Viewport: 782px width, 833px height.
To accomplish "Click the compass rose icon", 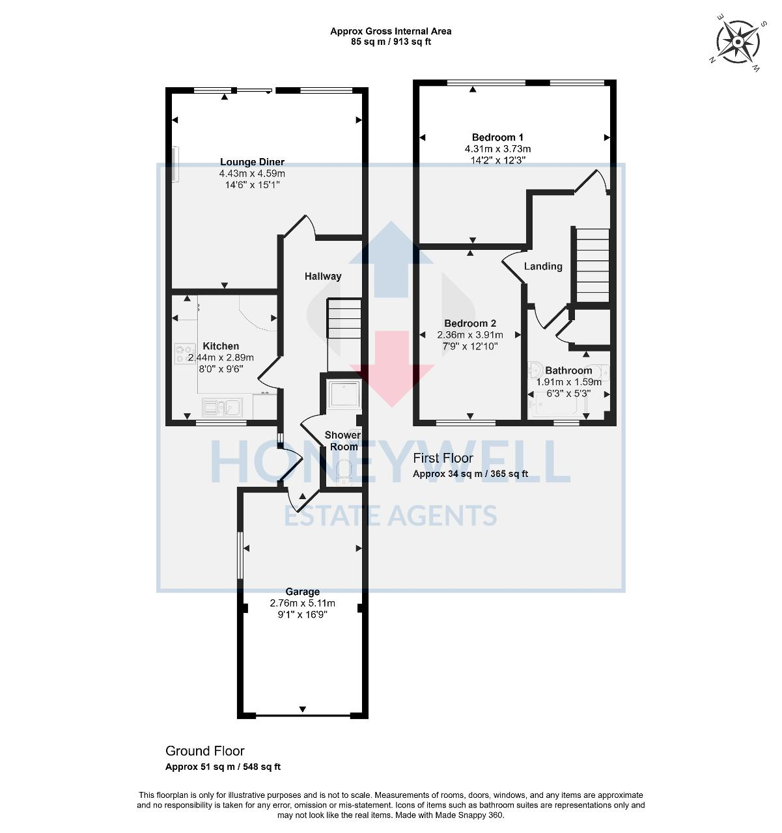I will (x=738, y=42).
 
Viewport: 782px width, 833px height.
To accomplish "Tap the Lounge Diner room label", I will (x=252, y=162).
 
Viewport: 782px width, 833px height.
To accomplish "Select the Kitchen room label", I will (x=221, y=346).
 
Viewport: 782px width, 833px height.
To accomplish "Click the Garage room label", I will (x=303, y=592).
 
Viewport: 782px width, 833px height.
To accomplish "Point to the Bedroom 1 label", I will (x=497, y=137).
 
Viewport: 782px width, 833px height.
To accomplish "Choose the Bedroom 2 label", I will (x=470, y=323).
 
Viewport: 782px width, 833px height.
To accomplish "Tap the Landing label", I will (x=543, y=266).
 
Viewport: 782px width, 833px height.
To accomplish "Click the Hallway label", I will (x=323, y=276).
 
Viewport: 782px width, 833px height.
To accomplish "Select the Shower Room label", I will (x=343, y=441).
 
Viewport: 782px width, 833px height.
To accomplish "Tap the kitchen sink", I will (x=221, y=407).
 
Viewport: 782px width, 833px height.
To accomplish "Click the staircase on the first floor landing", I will (x=591, y=264).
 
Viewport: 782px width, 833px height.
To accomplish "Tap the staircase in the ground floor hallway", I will (x=344, y=319).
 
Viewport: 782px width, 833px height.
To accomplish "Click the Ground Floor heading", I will (x=205, y=751).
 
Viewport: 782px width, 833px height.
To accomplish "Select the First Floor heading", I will (x=443, y=458).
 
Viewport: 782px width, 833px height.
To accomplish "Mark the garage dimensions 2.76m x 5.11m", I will (x=303, y=603).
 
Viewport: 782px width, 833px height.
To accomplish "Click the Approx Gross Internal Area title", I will (x=391, y=31).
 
